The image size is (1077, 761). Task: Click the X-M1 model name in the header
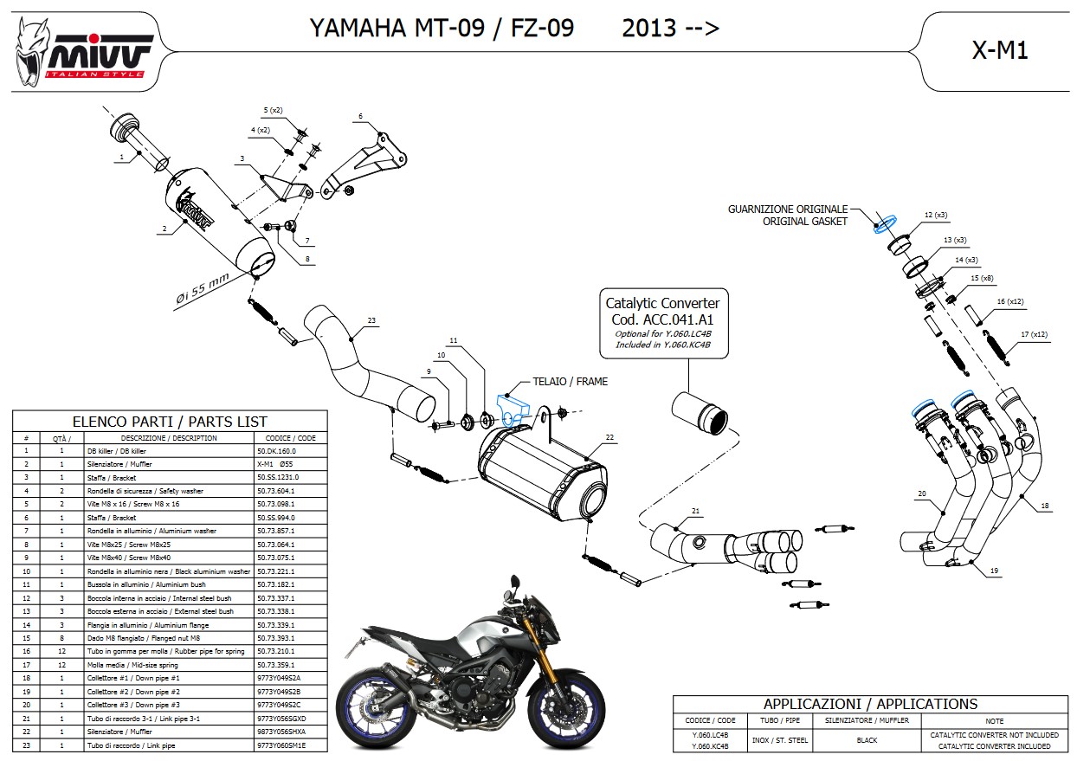tap(1000, 51)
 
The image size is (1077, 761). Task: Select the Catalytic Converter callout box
tap(662, 324)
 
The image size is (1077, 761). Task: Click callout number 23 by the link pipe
tap(371, 321)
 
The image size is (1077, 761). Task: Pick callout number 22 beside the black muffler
tap(609, 438)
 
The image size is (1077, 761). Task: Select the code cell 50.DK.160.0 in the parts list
tap(277, 451)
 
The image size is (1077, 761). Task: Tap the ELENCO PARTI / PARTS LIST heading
tap(170, 422)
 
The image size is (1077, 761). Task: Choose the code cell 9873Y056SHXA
tap(281, 732)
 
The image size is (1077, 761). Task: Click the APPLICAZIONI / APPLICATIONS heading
tap(870, 704)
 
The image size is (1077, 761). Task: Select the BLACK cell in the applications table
tap(867, 740)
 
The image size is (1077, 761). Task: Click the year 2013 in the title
tap(648, 29)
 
